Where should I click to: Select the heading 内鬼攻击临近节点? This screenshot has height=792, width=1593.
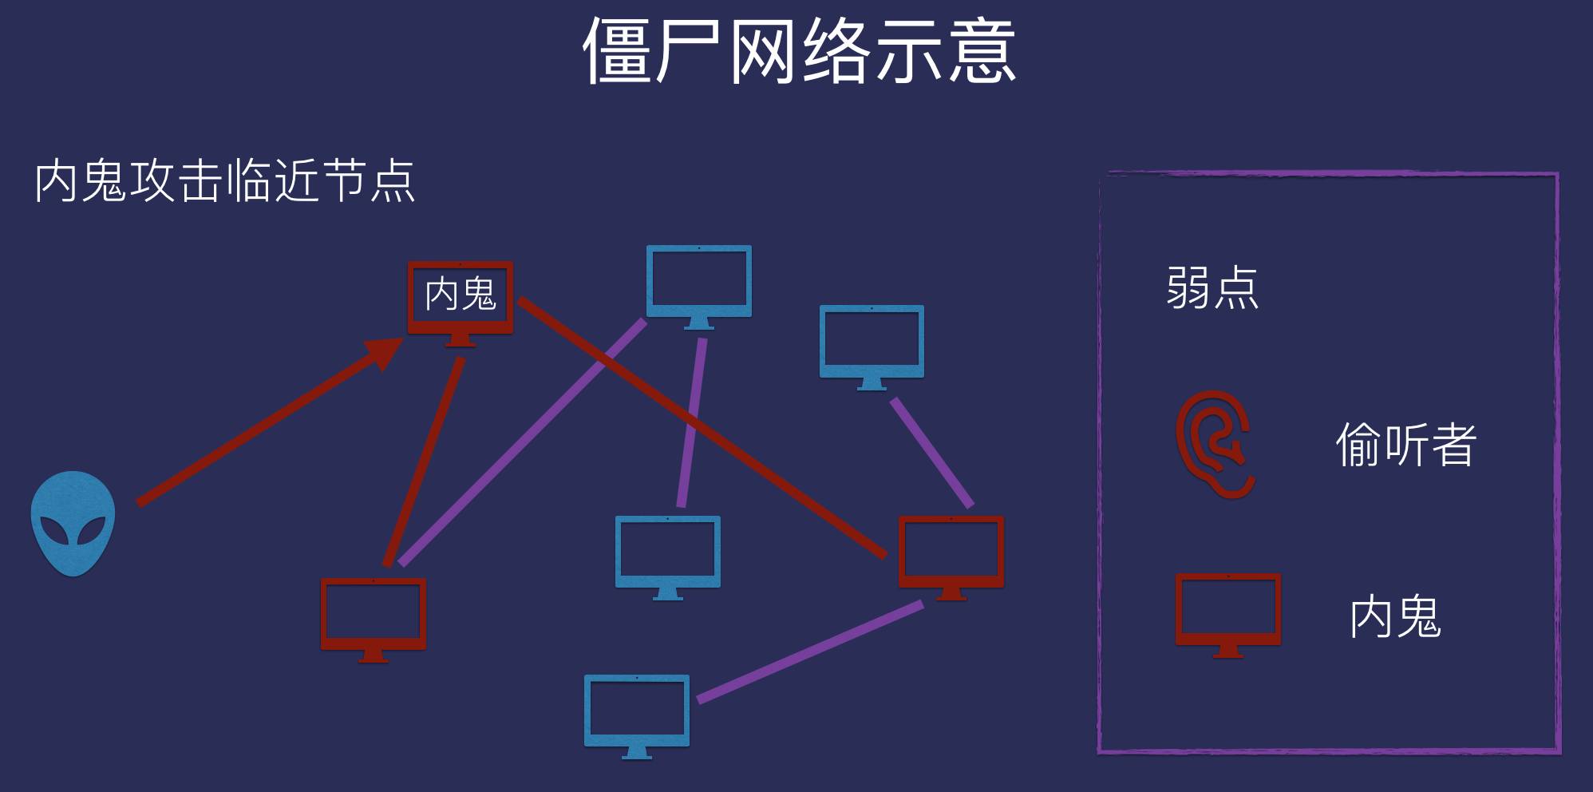coord(224,181)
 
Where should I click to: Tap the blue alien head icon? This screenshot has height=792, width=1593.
coord(73,523)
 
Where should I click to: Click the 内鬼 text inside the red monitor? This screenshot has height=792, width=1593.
coord(461,294)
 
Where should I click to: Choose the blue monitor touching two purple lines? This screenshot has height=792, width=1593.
coord(698,283)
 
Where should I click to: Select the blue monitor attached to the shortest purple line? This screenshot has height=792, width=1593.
coord(872,343)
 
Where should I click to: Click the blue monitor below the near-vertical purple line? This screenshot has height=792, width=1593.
coord(667,554)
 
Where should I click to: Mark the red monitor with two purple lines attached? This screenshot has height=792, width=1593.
coord(951,554)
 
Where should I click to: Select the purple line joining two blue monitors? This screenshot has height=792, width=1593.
coord(691,423)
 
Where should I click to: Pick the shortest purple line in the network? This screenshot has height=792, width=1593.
coord(931,453)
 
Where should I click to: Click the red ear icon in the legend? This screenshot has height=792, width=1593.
coord(1214,444)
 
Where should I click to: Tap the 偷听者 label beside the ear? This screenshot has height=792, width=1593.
coord(1405,445)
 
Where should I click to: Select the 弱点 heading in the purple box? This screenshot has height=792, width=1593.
coord(1212,287)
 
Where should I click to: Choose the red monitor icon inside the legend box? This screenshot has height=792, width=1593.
coord(1227,612)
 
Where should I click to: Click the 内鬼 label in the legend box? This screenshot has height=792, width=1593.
coord(1395,616)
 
